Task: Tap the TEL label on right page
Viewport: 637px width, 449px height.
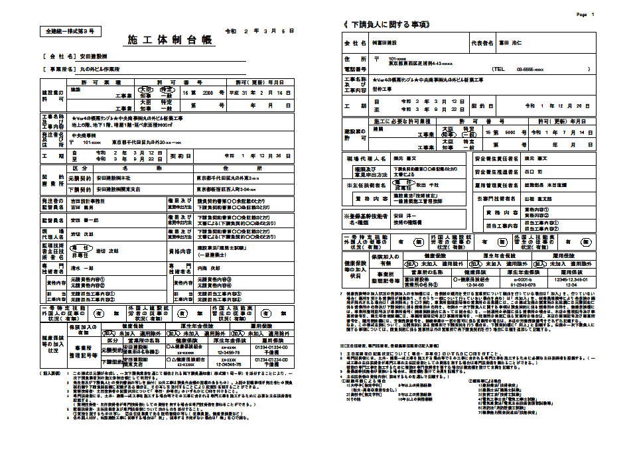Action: coord(498,69)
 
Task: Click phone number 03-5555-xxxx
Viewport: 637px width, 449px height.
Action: coord(531,69)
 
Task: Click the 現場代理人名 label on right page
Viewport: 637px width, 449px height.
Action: coord(364,160)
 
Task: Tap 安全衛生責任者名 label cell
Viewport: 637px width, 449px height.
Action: coord(495,160)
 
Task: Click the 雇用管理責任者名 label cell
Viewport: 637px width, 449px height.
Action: coord(495,185)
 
